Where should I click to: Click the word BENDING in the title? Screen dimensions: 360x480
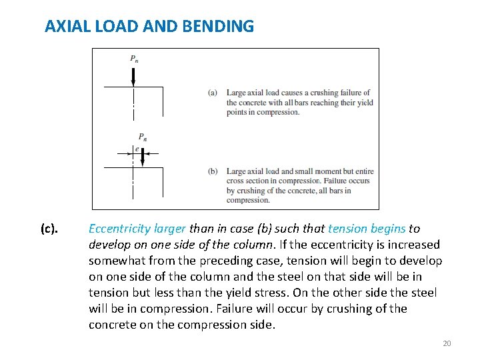pyautogui.click(x=222, y=27)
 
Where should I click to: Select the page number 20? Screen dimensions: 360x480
pyautogui.click(x=447, y=343)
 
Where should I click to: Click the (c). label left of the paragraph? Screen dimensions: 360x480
pyautogui.click(x=49, y=229)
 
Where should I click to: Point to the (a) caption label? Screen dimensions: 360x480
pyautogui.click(x=213, y=93)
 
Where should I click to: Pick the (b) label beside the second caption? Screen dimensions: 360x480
pyautogui.click(x=213, y=171)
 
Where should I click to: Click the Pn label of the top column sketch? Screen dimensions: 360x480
pyautogui.click(x=134, y=59)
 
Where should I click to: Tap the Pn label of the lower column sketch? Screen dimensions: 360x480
pyautogui.click(x=143, y=138)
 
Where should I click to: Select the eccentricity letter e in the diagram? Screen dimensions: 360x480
pyautogui.click(x=137, y=149)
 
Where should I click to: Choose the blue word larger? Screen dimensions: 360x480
pyautogui.click(x=170, y=229)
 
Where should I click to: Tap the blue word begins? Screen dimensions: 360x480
pyautogui.click(x=387, y=229)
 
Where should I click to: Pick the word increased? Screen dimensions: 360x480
pyautogui.click(x=411, y=245)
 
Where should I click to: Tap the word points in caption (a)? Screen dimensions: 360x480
pyautogui.click(x=238, y=112)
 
